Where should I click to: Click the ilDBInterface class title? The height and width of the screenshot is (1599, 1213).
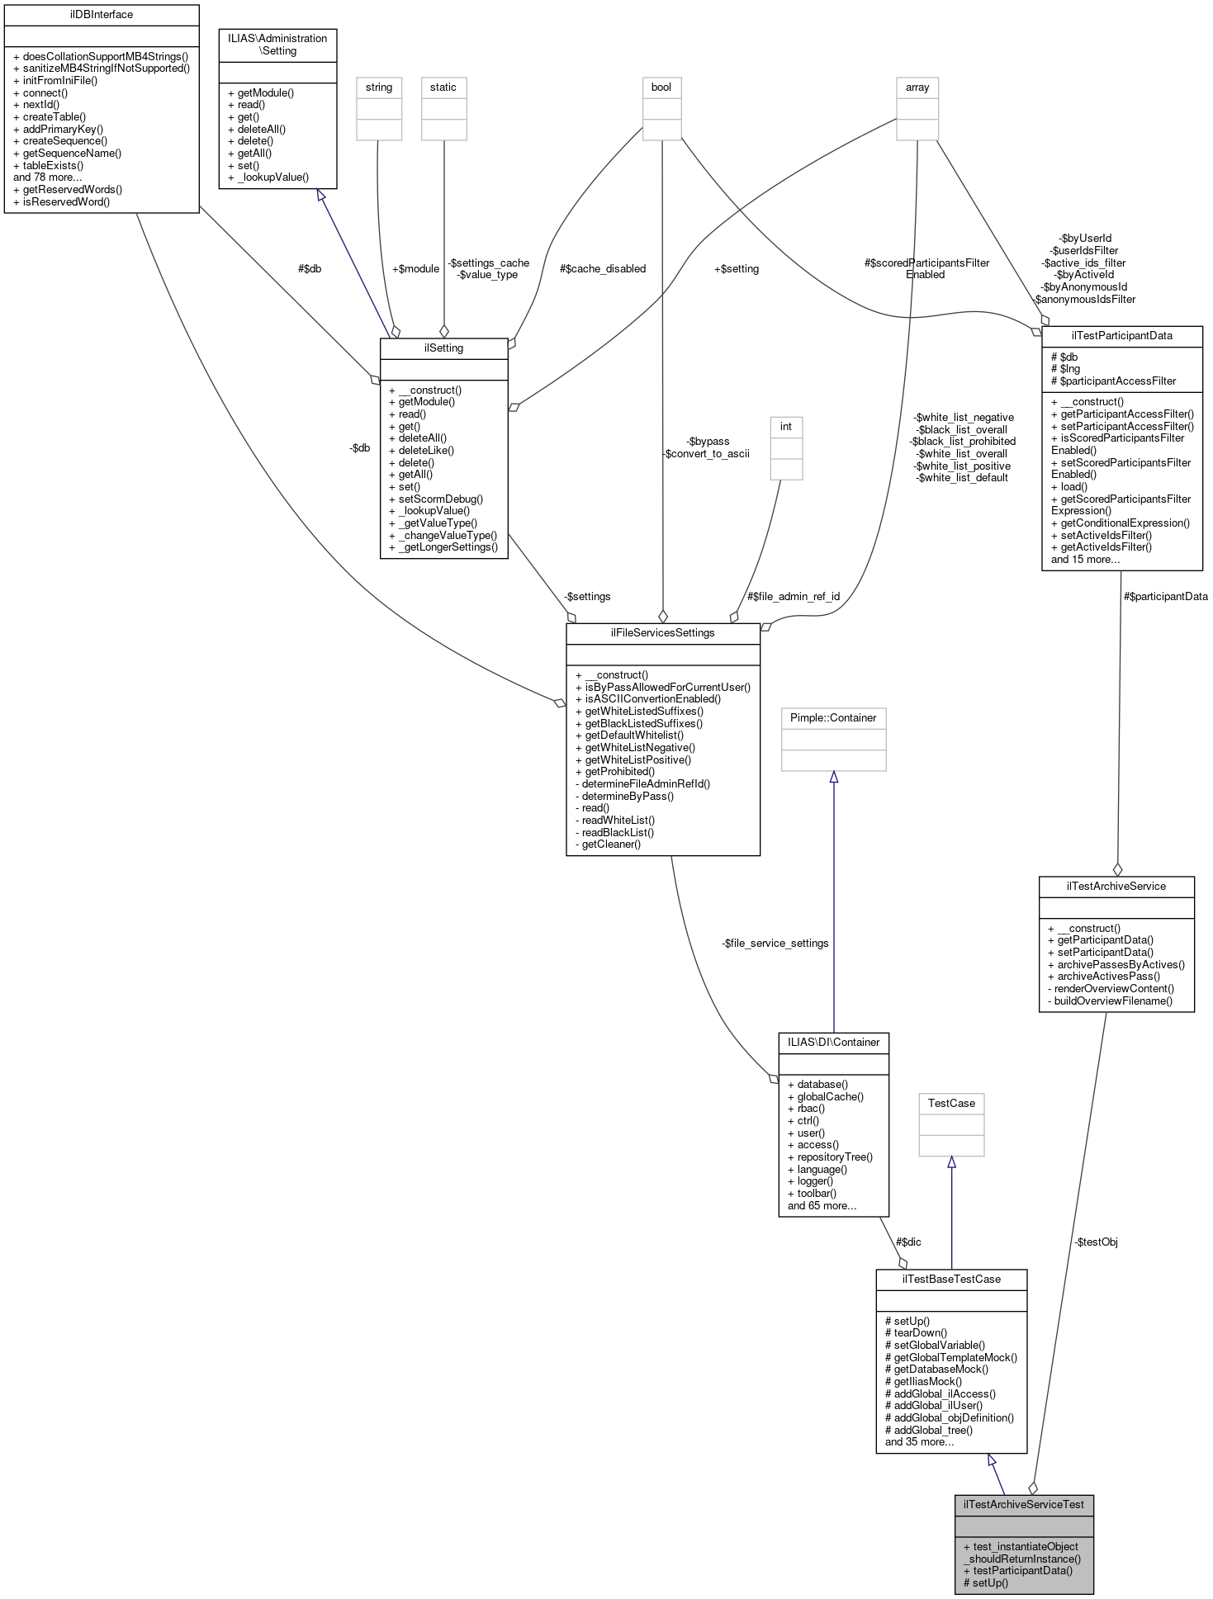(x=102, y=15)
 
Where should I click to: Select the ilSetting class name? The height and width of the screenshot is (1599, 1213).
(x=443, y=348)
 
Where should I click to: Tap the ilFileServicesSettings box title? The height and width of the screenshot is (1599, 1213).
(x=662, y=633)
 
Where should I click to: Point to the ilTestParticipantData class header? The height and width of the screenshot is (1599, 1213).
(x=1121, y=336)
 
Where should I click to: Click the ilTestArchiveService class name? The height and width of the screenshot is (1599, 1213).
(x=1116, y=887)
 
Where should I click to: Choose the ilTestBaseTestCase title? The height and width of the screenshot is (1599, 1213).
(x=951, y=1280)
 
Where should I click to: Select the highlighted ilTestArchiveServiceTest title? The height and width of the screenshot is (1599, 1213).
(x=1024, y=1504)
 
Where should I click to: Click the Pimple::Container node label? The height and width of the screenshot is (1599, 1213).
(x=833, y=718)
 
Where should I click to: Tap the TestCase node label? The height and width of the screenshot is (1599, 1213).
(x=951, y=1104)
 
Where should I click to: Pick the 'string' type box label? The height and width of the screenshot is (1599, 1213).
(x=379, y=88)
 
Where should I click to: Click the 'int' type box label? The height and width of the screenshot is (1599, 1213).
(x=786, y=427)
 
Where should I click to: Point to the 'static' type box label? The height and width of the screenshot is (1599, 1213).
(x=443, y=88)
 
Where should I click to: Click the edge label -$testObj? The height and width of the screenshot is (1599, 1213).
(x=1096, y=1242)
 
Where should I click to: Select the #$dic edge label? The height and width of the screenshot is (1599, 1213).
(x=908, y=1242)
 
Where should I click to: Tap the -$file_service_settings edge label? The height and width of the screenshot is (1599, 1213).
(x=775, y=944)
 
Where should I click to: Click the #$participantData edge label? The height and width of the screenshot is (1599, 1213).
(x=1165, y=597)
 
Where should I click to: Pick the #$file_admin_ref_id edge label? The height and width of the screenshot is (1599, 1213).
(x=793, y=597)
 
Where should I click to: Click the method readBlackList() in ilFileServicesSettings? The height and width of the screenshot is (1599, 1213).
(x=618, y=832)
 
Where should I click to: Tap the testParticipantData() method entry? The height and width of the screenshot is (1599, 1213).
(x=1022, y=1571)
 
